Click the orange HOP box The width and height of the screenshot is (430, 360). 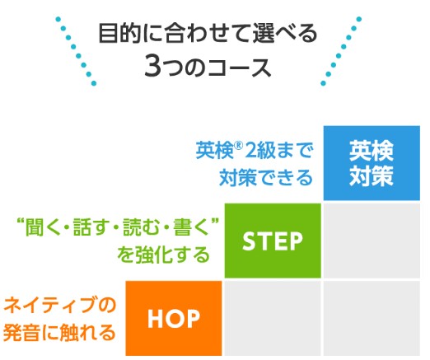174,318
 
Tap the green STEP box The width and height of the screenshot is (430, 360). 273,241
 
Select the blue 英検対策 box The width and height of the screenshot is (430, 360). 372,163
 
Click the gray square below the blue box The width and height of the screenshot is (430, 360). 372,241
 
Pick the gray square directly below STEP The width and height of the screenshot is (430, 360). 273,318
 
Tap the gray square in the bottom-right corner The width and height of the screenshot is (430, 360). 372,318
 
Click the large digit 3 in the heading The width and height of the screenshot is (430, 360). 152,66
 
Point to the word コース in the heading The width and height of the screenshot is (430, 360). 240,68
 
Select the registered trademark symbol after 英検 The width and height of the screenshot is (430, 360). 239,146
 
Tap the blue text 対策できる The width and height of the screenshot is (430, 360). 266,177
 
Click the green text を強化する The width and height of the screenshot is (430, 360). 164,255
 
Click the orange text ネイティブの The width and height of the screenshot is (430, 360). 60,305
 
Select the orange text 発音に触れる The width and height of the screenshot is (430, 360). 59,332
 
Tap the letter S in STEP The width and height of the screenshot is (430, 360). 248,241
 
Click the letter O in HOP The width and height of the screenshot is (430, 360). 174,319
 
